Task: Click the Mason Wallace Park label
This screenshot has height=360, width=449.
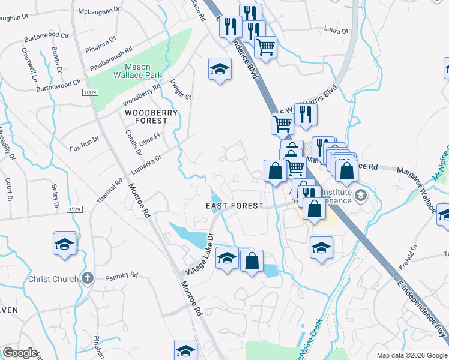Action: pyautogui.click(x=143, y=71)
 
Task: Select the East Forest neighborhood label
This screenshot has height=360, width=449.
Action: pyautogui.click(x=235, y=206)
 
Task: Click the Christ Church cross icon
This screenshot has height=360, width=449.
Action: pyautogui.click(x=88, y=278)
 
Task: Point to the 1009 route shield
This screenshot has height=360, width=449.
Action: pyautogui.click(x=91, y=92)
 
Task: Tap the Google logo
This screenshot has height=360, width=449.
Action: pyautogui.click(x=19, y=353)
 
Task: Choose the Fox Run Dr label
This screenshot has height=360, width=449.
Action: pyautogui.click(x=84, y=143)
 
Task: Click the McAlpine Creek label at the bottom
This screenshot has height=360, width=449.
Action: pyautogui.click(x=307, y=340)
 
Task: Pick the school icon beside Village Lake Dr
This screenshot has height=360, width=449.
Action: pyautogui.click(x=227, y=259)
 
